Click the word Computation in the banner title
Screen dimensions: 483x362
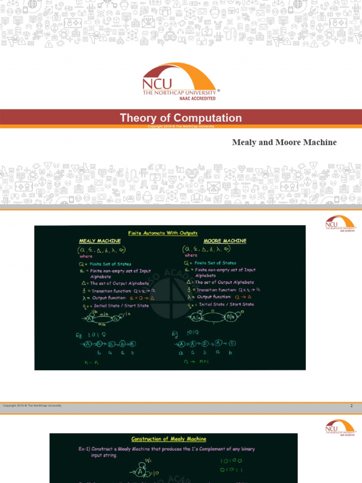tap(208, 118)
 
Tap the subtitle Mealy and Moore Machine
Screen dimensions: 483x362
tap(284, 142)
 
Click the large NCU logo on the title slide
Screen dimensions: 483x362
tap(180, 80)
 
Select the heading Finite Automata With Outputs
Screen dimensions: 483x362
tap(163, 233)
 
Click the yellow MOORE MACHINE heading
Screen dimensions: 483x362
tap(225, 241)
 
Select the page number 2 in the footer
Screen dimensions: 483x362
tap(352, 406)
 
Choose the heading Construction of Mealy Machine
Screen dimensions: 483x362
tap(169, 439)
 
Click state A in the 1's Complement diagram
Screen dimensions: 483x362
tap(141, 471)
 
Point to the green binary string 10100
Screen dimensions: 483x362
tap(231, 460)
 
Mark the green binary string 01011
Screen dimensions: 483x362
tap(231, 470)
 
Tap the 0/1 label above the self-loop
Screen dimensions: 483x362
tap(148, 460)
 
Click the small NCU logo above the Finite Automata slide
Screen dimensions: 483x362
tap(340, 223)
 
